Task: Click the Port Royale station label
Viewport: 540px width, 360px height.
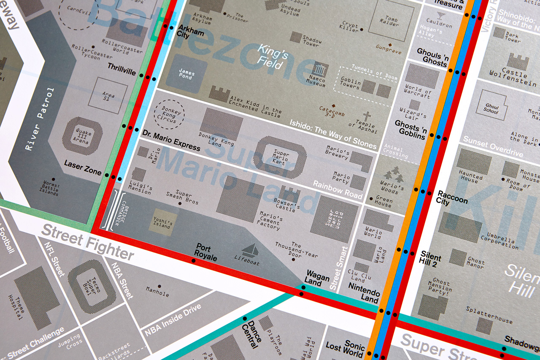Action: [x=205, y=252]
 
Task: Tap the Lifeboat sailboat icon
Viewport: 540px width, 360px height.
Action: [x=250, y=250]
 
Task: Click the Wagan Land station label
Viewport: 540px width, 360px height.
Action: [x=317, y=279]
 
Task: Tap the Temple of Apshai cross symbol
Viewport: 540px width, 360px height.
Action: [x=367, y=116]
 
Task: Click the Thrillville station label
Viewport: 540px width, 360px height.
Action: [x=121, y=69]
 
